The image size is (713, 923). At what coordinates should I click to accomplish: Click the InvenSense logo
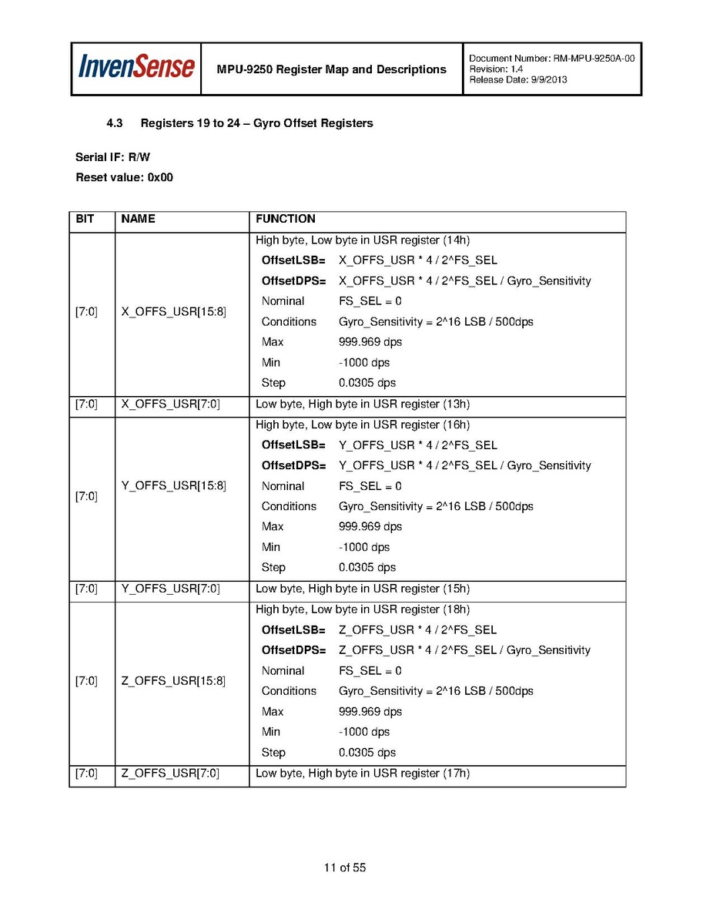click(136, 68)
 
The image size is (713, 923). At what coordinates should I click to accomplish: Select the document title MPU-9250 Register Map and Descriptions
click(331, 69)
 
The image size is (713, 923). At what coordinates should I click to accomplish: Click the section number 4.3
click(115, 123)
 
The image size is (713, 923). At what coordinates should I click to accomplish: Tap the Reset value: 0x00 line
click(124, 177)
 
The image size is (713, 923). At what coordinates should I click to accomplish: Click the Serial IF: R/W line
click(112, 157)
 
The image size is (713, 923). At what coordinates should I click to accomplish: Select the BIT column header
click(85, 219)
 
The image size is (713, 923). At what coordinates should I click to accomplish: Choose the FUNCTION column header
click(286, 219)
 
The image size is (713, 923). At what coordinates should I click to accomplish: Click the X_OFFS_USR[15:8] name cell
click(174, 312)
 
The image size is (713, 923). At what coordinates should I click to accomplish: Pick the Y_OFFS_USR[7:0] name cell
click(171, 589)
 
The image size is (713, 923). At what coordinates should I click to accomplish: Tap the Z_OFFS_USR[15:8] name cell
click(174, 681)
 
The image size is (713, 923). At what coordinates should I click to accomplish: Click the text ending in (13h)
click(363, 404)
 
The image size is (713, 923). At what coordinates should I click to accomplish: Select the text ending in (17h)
click(363, 773)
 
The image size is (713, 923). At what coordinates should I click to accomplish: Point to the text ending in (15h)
click(363, 589)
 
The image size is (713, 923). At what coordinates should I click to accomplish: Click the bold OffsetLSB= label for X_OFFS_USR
click(293, 260)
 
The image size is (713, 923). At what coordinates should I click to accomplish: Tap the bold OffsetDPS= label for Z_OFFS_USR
click(293, 650)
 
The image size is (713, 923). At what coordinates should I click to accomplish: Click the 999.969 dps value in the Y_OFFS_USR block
click(370, 527)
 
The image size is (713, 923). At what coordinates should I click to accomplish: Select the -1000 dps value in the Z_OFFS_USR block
click(364, 732)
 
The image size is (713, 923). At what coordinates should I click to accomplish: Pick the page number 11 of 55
click(345, 868)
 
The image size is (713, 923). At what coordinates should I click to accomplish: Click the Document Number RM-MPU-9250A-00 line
click(551, 59)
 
